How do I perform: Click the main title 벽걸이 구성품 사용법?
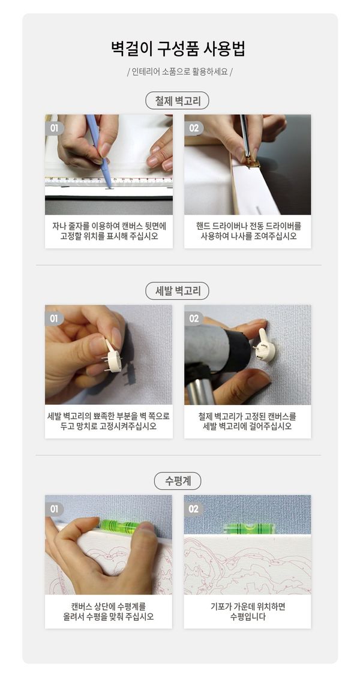178,48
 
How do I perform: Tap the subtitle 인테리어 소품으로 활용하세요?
179,71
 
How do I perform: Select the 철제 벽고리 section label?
178,101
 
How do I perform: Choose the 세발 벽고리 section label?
178,291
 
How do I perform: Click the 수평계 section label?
178,481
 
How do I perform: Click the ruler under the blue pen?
109,181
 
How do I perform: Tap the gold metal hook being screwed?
251,163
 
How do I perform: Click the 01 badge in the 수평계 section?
54,509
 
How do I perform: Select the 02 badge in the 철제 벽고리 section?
194,128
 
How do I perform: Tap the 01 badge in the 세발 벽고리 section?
54,319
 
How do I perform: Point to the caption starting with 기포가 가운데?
248,611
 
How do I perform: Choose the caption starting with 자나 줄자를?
109,231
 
